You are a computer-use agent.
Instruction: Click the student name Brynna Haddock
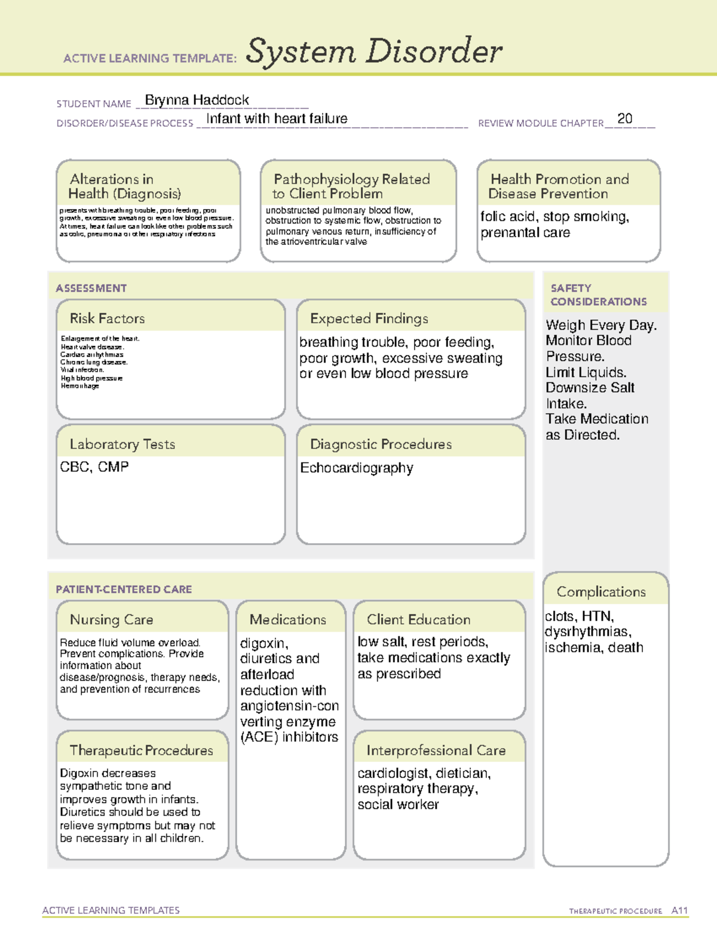tap(197, 100)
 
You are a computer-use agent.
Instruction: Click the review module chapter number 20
tap(624, 118)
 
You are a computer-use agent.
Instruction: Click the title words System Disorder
tap(374, 51)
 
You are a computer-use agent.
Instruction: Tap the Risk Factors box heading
tap(107, 318)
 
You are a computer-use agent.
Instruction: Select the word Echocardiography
tap(356, 468)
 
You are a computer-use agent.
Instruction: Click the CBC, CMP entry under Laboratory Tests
tap(94, 467)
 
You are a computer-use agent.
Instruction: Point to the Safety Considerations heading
tap(598, 295)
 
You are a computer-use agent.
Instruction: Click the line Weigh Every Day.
tap(600, 326)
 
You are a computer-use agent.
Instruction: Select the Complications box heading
tap(601, 592)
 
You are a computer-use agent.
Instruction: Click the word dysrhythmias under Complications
tap(587, 632)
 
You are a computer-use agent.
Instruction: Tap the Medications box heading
tap(288, 620)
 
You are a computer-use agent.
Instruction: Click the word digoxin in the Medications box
tap(264, 644)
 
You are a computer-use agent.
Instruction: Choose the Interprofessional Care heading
tap(436, 751)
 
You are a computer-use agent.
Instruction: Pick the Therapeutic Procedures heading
tap(141, 751)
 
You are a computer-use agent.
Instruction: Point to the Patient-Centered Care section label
tap(124, 589)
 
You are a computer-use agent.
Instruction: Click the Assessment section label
tap(91, 288)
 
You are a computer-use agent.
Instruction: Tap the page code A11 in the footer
tap(679, 911)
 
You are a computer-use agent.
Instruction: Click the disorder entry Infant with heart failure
tap(277, 119)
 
